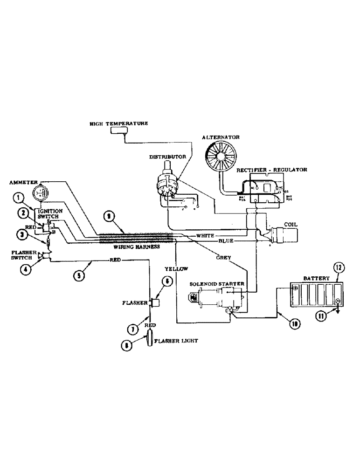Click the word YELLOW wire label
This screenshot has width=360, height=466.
[x=176, y=269]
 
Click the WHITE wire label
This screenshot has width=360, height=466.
[x=205, y=236]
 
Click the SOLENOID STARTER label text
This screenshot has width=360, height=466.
[x=217, y=284]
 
